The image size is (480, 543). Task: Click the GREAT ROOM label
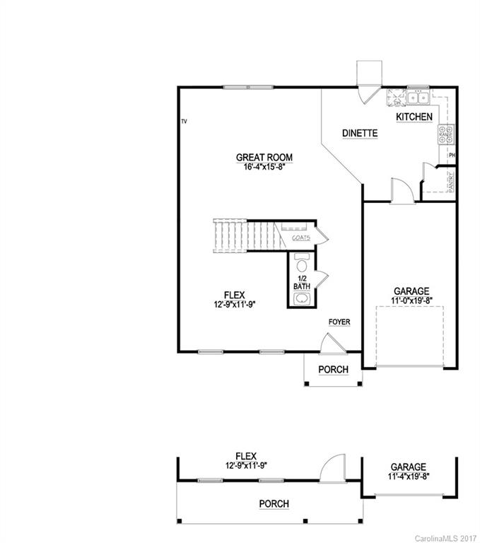click(264, 157)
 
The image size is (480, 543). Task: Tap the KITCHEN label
click(414, 117)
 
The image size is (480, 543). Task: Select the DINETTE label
click(360, 133)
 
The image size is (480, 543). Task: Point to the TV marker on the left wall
click(183, 122)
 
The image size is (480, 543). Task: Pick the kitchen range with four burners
click(446, 134)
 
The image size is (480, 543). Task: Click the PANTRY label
click(450, 181)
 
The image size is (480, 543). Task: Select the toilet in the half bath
click(303, 267)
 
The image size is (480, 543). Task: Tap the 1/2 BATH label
click(303, 283)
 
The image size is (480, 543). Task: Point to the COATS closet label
click(300, 238)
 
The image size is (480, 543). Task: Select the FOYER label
click(339, 322)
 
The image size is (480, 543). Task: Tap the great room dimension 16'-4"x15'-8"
click(264, 167)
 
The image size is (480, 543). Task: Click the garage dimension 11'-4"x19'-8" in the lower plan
click(408, 477)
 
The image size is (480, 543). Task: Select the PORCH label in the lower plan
click(273, 503)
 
